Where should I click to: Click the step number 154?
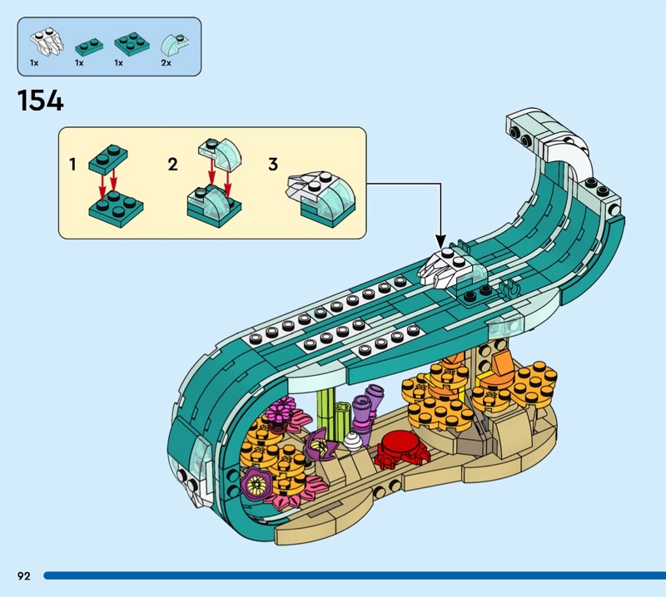coord(40,101)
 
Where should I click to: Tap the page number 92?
coord(22,575)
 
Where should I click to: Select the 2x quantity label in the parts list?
coord(166,62)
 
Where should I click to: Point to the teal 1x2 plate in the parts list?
coord(85,44)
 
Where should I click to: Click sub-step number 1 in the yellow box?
coord(73,165)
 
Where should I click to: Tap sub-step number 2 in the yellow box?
coord(172,165)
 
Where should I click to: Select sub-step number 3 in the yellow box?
coord(272,165)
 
